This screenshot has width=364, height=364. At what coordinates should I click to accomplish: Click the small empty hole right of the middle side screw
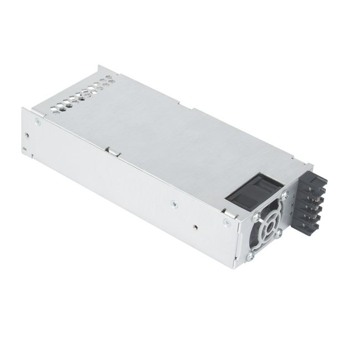[x=195, y=226]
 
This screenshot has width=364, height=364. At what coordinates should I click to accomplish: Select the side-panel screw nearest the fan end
[x=226, y=222]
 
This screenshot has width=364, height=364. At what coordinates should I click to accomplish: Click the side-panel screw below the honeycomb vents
[x=37, y=121]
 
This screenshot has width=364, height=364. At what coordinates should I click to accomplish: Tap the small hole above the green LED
[x=27, y=135]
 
